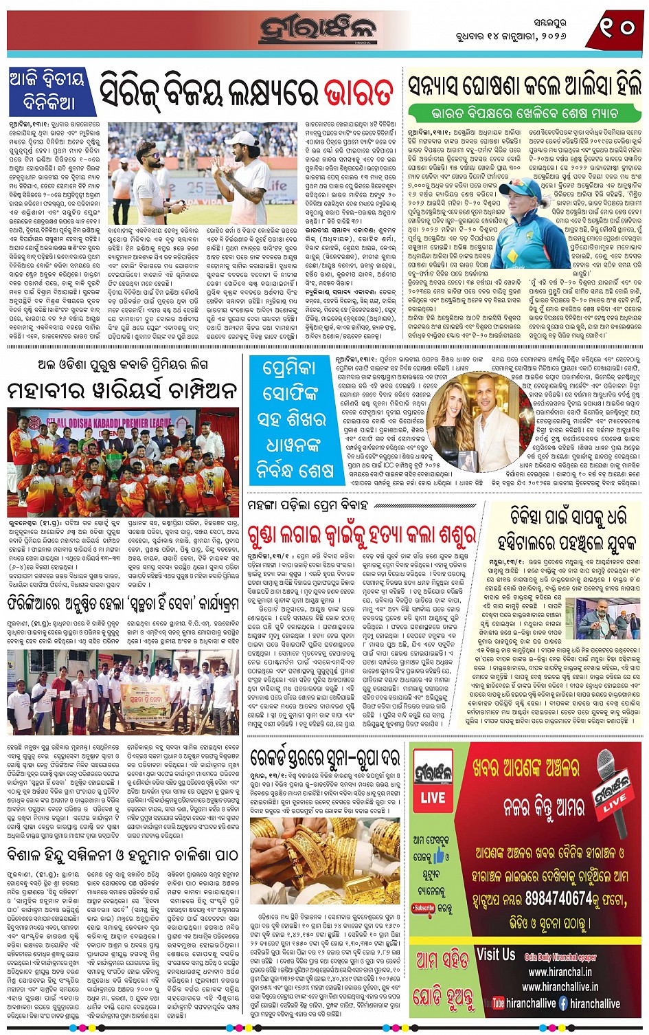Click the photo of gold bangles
click(325, 858)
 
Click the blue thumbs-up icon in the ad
click(441, 856)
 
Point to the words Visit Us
click(495, 955)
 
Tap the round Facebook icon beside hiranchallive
click(563, 1003)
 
